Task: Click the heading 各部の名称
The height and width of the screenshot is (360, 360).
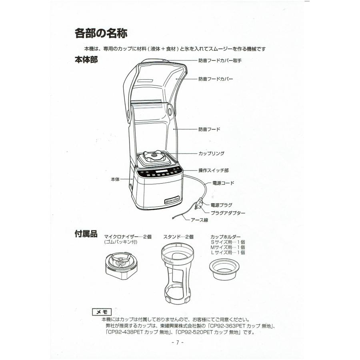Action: coord(101,33)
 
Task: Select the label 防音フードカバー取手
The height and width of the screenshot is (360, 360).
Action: coord(220,61)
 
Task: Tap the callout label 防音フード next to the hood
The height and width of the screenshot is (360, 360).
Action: coord(209,129)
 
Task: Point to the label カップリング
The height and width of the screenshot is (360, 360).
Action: coord(211,153)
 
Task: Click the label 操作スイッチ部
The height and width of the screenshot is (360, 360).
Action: coord(214,170)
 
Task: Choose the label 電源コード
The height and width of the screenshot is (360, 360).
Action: coord(223,183)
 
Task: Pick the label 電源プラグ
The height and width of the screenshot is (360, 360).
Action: coord(221,205)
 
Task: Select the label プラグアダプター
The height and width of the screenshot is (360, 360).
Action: coord(228,213)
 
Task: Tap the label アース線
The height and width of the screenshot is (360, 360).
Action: coord(199,220)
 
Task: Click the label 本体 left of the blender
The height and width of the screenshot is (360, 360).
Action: coord(115,179)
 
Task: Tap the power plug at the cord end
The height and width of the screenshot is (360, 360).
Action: coord(199,204)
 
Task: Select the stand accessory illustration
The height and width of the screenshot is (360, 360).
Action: coord(177,274)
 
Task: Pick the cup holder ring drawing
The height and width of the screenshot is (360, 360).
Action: coord(224,269)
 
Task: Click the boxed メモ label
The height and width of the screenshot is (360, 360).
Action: coord(102,312)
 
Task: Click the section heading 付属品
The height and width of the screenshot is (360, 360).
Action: coord(86,234)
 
